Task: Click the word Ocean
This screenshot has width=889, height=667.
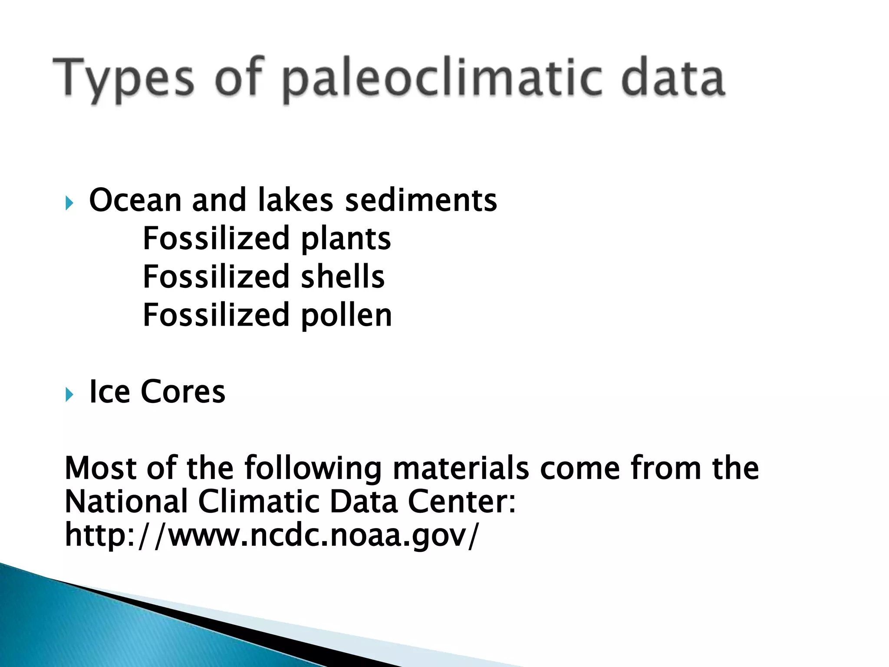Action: (135, 200)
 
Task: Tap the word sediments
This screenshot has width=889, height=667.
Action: (421, 200)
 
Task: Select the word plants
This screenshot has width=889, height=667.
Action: (346, 239)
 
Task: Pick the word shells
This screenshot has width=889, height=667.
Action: (342, 277)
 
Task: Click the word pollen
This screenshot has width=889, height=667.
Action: (346, 316)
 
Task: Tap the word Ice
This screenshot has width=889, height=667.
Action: (109, 392)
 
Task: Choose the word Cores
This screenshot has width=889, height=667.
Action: (183, 392)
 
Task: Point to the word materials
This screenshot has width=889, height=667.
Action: (461, 468)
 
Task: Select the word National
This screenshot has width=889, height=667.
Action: (126, 502)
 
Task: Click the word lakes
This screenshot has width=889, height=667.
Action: (295, 200)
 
